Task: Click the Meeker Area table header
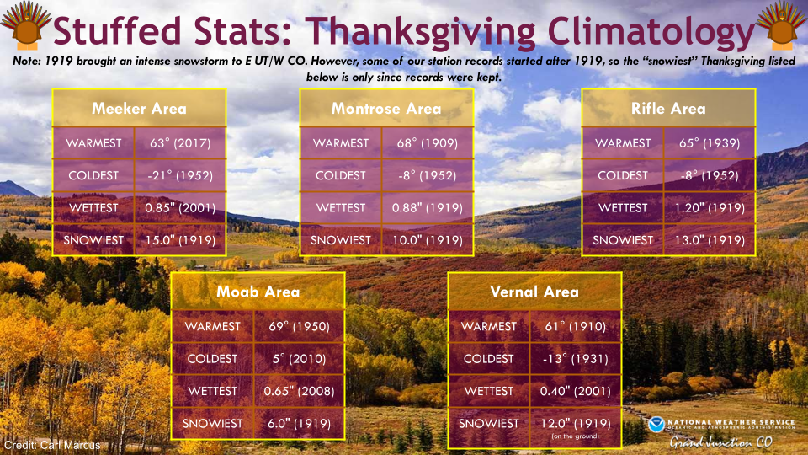tap(139, 109)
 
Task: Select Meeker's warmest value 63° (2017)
tap(180, 143)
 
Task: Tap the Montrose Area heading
tap(386, 109)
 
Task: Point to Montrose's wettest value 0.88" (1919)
tap(428, 208)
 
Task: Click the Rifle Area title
tap(668, 109)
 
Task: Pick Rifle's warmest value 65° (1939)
tap(710, 143)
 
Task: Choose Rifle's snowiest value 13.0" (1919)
tap(710, 240)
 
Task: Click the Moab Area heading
tap(258, 292)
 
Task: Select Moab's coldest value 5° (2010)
tap(300, 359)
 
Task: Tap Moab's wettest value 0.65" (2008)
tap(300, 391)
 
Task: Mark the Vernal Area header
tap(534, 292)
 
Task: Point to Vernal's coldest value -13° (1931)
tap(576, 359)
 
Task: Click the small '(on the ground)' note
tap(575, 436)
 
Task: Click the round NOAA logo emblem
tap(656, 425)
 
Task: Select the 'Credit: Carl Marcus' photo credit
tap(52, 445)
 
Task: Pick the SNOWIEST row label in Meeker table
tap(93, 240)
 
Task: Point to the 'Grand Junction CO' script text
tap(721, 442)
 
